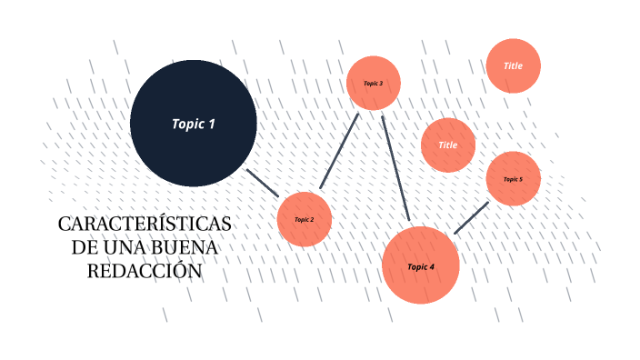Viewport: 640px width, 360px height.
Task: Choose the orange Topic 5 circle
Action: click(x=513, y=179)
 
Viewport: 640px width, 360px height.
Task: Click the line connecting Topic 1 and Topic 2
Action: click(x=264, y=183)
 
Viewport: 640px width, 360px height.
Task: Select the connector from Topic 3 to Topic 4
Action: click(x=396, y=167)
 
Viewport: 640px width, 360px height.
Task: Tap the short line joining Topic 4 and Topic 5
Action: click(x=471, y=218)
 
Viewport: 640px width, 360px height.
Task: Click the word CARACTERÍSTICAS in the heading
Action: click(x=145, y=225)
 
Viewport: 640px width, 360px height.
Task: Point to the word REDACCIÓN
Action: click(x=144, y=270)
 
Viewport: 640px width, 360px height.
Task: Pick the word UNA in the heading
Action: click(x=121, y=247)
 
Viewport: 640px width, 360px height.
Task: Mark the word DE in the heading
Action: click(x=85, y=247)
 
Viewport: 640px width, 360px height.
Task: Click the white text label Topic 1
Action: click(x=194, y=124)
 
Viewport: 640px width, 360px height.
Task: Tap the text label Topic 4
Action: click(x=421, y=267)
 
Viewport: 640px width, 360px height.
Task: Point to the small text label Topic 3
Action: click(x=374, y=83)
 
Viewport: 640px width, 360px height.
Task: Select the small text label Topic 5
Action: click(x=513, y=179)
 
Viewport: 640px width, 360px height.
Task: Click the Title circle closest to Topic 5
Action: click(x=448, y=145)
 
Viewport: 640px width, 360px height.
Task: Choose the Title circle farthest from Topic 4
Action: click(x=514, y=65)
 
